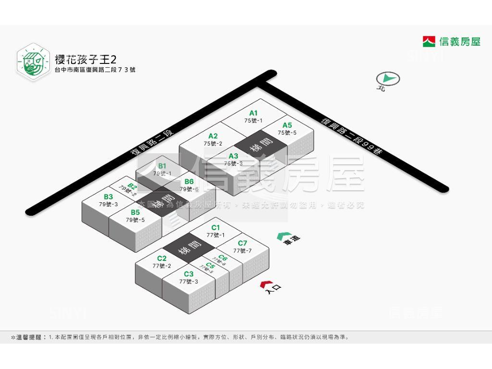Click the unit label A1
pyautogui.click(x=253, y=113)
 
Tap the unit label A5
pyautogui.click(x=287, y=126)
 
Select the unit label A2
pyautogui.click(x=213, y=136)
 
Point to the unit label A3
pyautogui.click(x=234, y=156)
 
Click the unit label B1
pyautogui.click(x=162, y=166)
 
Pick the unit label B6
pyautogui.click(x=189, y=182)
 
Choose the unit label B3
pyautogui.click(x=108, y=197)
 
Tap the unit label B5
pyautogui.click(x=135, y=212)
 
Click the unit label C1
pyautogui.click(x=216, y=228)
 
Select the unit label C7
pyautogui.click(x=243, y=244)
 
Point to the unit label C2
pyautogui.click(x=161, y=259)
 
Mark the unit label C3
pyautogui.click(x=188, y=274)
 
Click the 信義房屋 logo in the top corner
pyautogui.click(x=451, y=42)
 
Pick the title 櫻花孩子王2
pyautogui.click(x=86, y=60)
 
